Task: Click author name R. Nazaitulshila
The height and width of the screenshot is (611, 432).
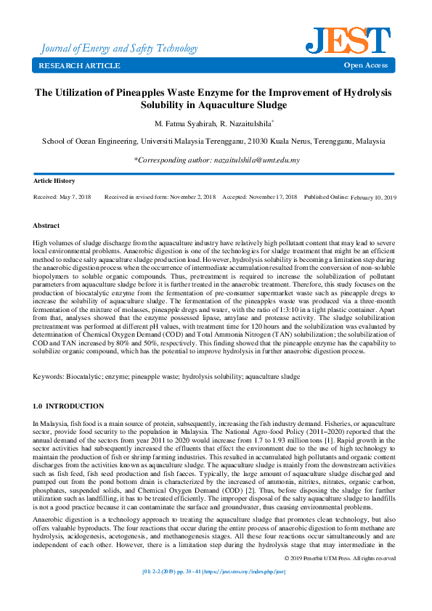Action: (x=245, y=124)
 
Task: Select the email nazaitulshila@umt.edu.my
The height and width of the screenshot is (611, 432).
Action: (x=256, y=160)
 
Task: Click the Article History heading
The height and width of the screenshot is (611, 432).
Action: (x=54, y=181)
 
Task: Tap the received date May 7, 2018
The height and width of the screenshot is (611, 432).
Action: (x=76, y=197)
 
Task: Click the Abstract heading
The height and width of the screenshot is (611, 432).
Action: (x=47, y=226)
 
